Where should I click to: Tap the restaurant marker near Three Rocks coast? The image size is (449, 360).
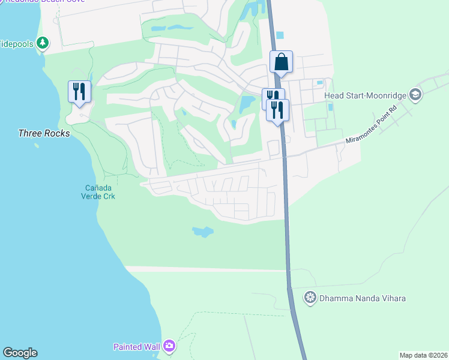79,92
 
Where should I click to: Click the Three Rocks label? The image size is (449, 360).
44,133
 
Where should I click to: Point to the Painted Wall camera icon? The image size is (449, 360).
169,346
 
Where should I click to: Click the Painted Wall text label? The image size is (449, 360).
137,346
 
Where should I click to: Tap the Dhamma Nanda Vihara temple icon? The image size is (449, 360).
310,297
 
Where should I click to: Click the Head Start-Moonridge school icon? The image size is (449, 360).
415,95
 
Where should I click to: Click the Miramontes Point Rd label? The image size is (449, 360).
371,127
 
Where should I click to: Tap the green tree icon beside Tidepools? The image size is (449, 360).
42,43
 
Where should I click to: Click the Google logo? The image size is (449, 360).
20,353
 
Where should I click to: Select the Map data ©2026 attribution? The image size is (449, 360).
423,355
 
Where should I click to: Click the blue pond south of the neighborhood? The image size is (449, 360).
202,231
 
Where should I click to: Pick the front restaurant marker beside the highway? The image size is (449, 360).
277,110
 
